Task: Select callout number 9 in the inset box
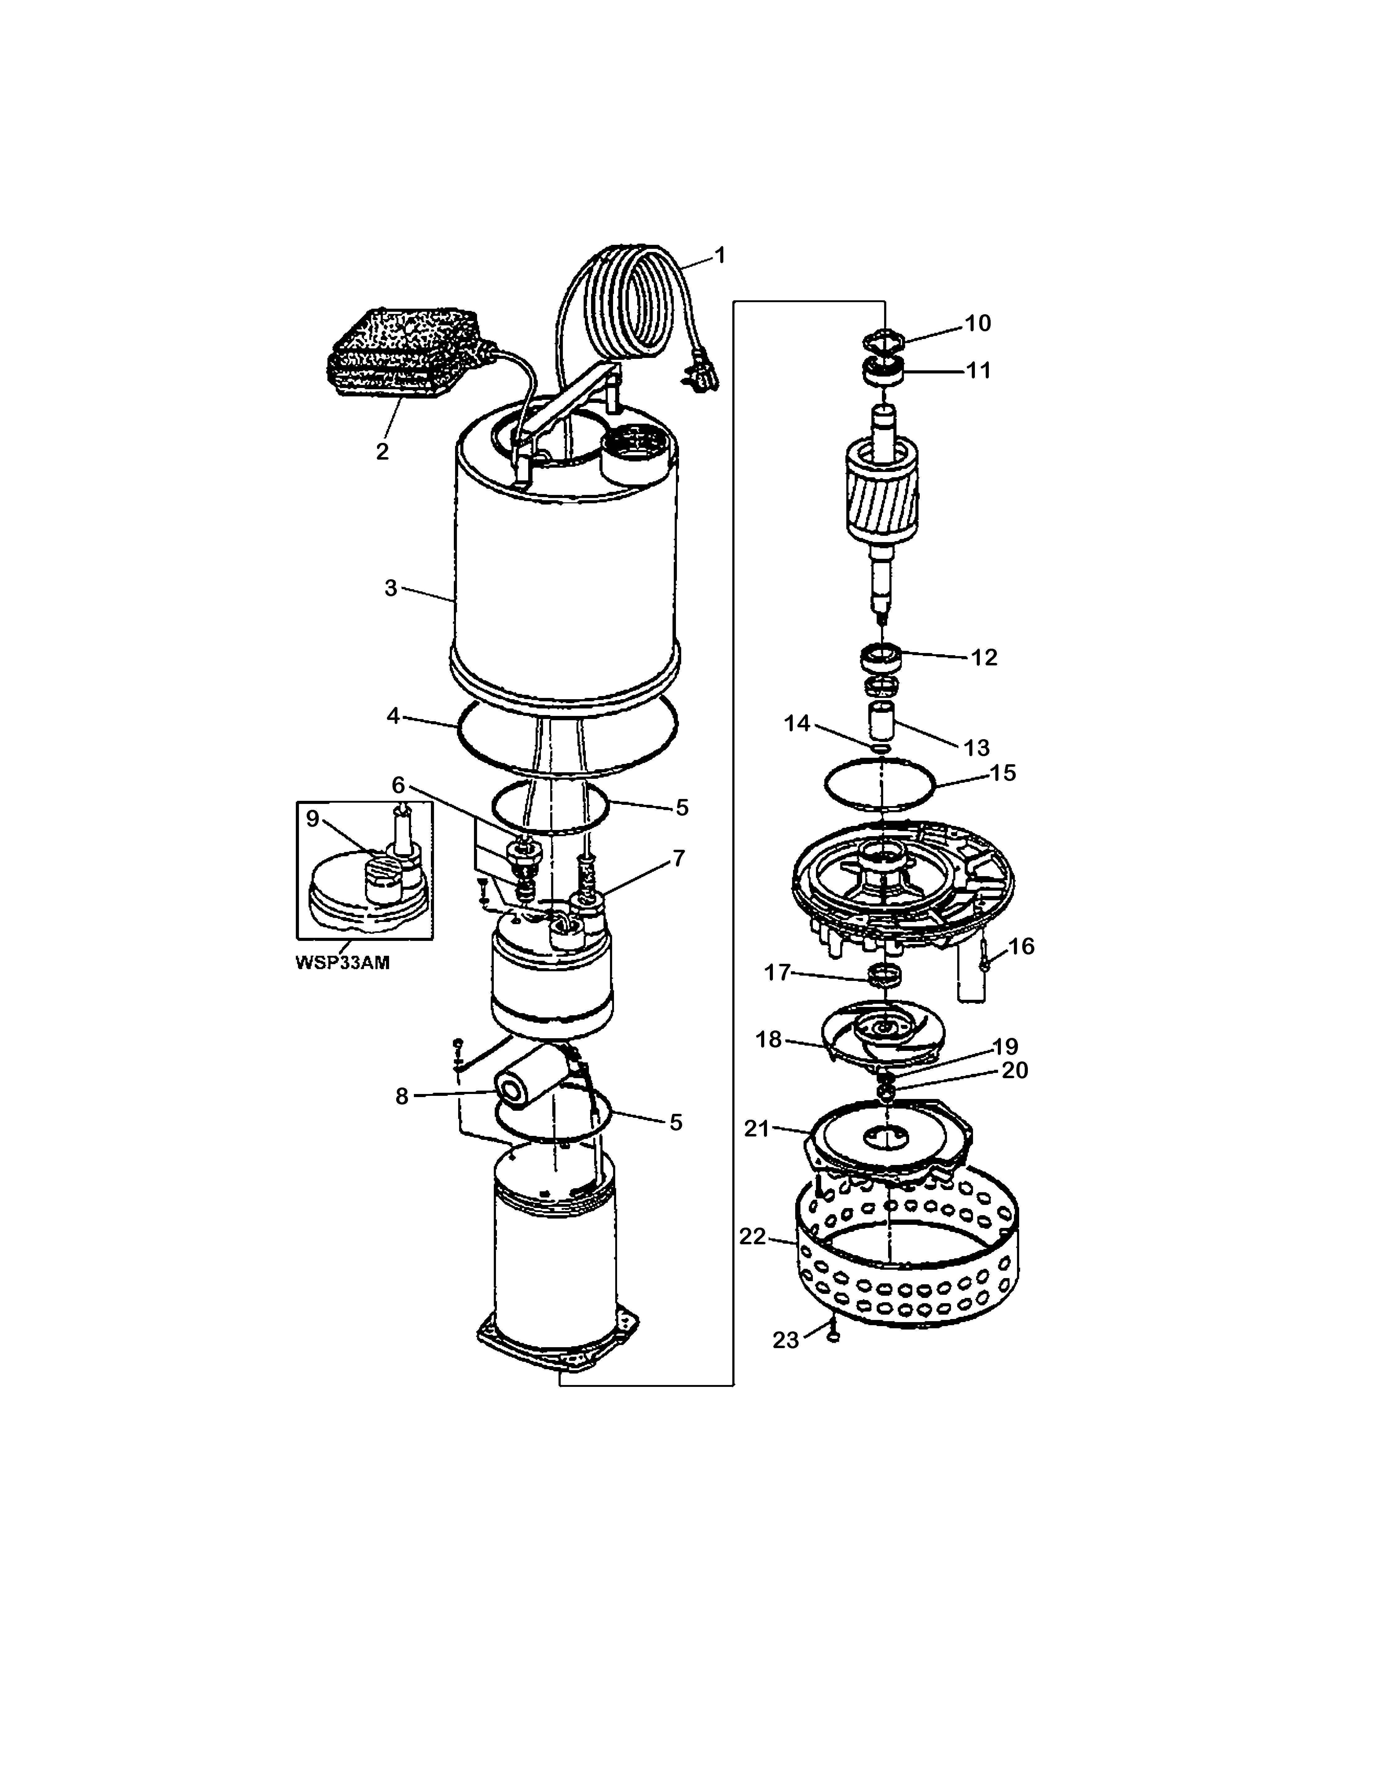click(313, 819)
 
